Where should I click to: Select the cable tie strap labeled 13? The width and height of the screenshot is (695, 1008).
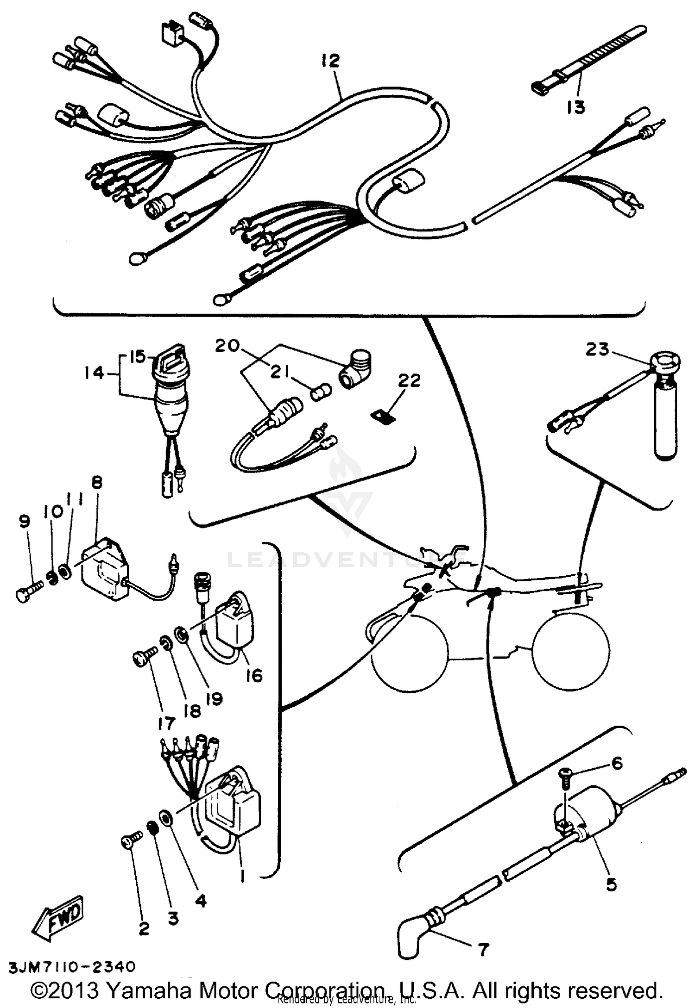pyautogui.click(x=588, y=62)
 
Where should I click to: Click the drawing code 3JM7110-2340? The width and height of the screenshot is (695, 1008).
pyautogui.click(x=72, y=966)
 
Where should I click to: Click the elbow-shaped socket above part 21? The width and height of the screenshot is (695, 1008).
pyautogui.click(x=356, y=369)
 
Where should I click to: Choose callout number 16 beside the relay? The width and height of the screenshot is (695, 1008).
pyautogui.click(x=254, y=675)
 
